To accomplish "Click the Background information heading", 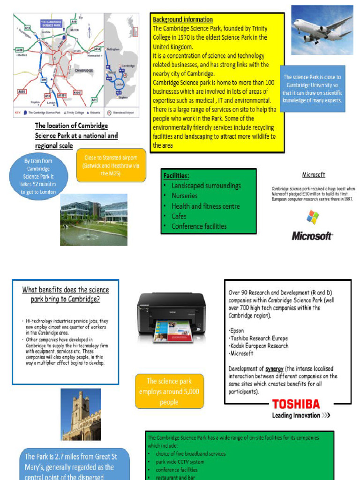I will [x=183, y=20].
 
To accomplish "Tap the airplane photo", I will [x=322, y=30].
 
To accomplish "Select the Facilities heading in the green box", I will [x=176, y=176].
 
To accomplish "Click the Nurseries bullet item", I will [x=184, y=196].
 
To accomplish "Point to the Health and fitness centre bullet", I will [x=205, y=206].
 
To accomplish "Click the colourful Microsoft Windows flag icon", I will [x=313, y=217].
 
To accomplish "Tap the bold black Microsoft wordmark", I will [x=312, y=236].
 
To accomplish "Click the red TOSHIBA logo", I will [x=296, y=404].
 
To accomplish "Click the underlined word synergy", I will [x=274, y=369].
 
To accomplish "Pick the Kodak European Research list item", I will [x=259, y=346].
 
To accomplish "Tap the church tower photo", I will [x=81, y=414].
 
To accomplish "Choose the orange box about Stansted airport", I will [x=111, y=165].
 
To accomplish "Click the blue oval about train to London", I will [x=39, y=176].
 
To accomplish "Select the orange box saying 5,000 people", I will [x=169, y=391].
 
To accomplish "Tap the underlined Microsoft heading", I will [x=313, y=175].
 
